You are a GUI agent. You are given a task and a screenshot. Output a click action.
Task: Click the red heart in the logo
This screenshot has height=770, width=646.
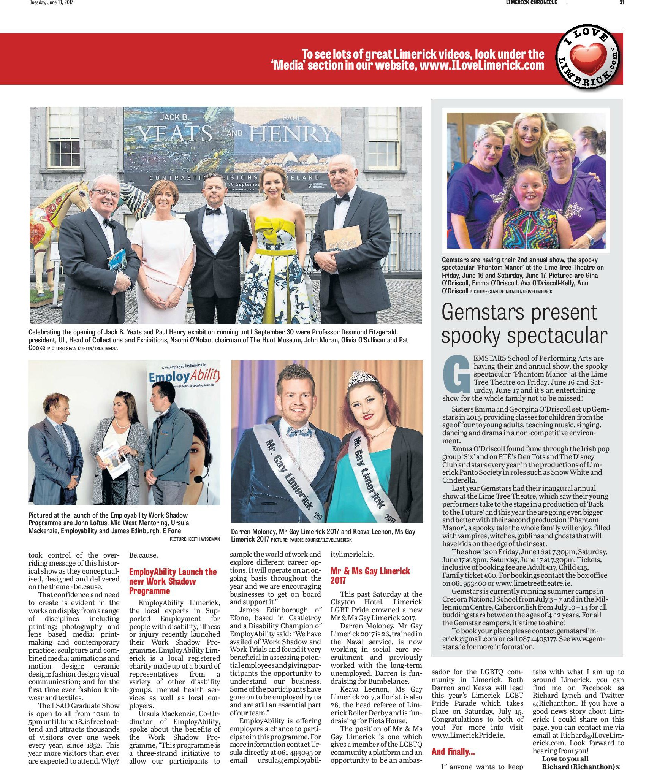click(x=589, y=60)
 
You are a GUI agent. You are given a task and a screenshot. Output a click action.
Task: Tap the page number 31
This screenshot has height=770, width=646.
click(x=622, y=3)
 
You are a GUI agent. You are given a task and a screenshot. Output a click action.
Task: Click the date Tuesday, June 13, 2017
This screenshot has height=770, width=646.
click(x=52, y=3)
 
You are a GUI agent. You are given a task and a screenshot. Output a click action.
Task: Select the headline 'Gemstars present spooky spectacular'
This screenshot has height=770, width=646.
click(x=524, y=324)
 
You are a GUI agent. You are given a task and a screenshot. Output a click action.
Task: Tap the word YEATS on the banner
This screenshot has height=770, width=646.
click(x=174, y=134)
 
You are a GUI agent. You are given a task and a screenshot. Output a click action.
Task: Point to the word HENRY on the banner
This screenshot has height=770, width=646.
click(x=291, y=134)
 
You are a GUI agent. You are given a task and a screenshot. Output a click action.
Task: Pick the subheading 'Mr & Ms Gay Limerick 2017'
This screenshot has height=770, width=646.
click(x=370, y=575)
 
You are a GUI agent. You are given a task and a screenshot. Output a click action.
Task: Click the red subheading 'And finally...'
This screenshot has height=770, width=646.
click(x=453, y=741)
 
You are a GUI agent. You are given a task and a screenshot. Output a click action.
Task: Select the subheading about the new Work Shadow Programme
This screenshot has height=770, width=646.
click(x=173, y=581)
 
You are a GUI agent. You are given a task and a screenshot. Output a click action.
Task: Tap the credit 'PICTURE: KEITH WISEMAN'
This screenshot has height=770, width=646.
click(x=195, y=539)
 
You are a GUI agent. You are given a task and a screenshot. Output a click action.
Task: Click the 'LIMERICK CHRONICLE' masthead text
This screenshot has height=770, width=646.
click(x=531, y=3)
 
